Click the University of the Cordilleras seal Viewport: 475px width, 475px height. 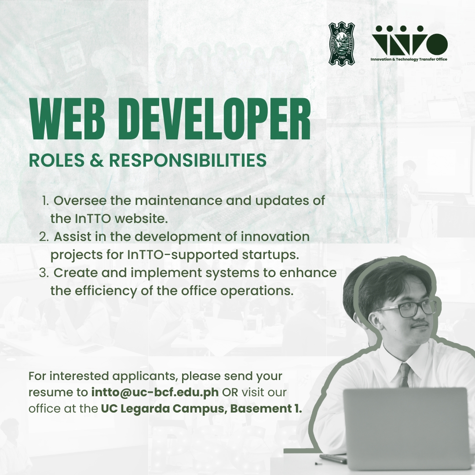coord(342,43)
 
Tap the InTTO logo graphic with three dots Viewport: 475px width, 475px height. coord(409,40)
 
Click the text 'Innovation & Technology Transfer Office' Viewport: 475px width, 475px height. coord(409,59)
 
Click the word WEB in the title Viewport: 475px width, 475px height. coord(67,119)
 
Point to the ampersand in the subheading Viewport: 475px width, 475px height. coord(97,160)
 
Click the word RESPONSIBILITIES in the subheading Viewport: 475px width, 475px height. coord(188,160)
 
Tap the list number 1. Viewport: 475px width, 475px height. coord(45,201)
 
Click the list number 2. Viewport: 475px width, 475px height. coord(44,237)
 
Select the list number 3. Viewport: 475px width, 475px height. coord(44,273)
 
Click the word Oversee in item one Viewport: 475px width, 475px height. coord(80,201)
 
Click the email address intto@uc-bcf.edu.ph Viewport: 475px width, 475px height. coord(155,392)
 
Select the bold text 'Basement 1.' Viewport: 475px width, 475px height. coord(266,409)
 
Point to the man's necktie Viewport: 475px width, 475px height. coord(405,375)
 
